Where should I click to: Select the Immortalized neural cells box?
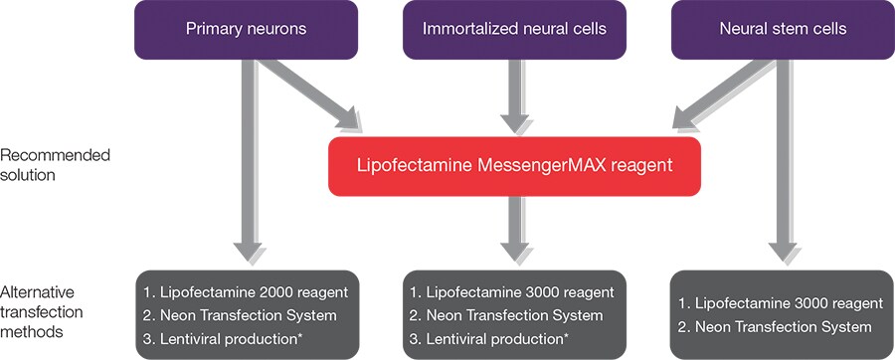click(x=514, y=30)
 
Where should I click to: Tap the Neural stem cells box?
click(x=783, y=30)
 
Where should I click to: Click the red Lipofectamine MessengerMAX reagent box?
click(x=514, y=166)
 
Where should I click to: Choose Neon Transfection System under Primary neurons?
click(x=236, y=316)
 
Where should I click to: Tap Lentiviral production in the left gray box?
click(x=222, y=340)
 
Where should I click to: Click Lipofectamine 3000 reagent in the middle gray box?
click(x=511, y=292)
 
